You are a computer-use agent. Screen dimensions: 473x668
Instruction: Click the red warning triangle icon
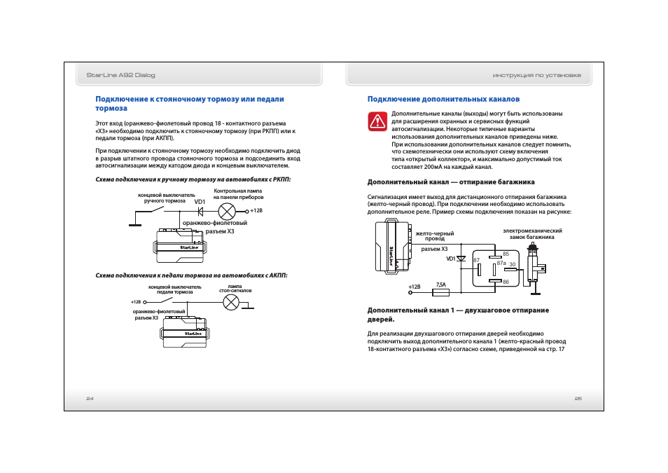click(x=378, y=121)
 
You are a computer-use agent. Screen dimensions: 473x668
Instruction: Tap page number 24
click(x=90, y=398)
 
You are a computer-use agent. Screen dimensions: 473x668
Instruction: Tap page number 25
click(x=578, y=398)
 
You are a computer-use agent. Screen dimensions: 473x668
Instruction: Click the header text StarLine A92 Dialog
click(x=120, y=75)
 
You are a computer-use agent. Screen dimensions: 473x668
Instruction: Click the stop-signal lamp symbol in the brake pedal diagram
click(x=230, y=302)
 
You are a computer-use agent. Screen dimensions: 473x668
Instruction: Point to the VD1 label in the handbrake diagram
click(x=200, y=202)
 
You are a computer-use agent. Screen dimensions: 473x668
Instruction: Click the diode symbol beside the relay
click(x=461, y=259)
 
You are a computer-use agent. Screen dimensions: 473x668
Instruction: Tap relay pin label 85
click(x=505, y=254)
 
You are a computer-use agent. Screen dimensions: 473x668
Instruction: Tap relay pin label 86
click(x=505, y=282)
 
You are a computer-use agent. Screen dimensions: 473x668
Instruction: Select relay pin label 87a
click(x=501, y=263)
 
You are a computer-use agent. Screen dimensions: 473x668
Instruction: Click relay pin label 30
click(x=512, y=264)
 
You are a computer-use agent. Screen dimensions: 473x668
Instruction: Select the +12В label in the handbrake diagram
click(x=256, y=210)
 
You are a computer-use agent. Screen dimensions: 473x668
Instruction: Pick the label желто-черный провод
click(x=435, y=236)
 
